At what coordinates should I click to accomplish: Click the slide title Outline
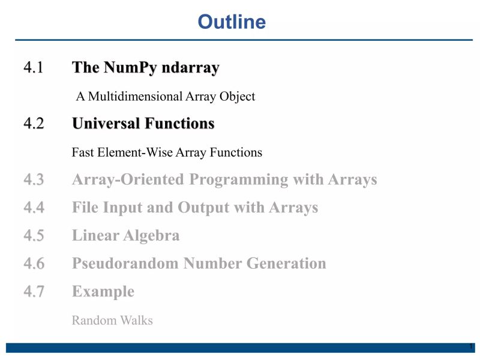tap(232, 22)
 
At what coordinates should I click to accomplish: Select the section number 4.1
tap(34, 68)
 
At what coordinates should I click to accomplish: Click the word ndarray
tap(189, 68)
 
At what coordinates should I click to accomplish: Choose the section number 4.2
tap(34, 124)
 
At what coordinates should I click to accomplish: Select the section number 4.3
tap(34, 179)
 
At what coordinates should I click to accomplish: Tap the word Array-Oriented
tap(127, 179)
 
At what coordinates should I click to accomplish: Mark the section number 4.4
tap(34, 208)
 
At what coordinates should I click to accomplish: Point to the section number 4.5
tap(34, 235)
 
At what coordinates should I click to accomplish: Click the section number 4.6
tap(34, 263)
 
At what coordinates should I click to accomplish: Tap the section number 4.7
tap(34, 292)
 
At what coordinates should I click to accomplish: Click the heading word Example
tap(103, 292)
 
